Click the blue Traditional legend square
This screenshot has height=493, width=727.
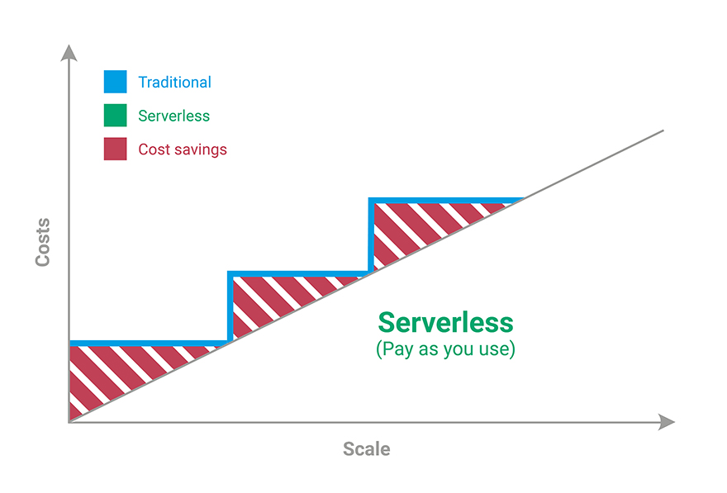click(x=115, y=82)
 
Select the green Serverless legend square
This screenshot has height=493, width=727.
click(x=115, y=116)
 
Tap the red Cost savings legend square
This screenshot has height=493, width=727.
click(x=115, y=149)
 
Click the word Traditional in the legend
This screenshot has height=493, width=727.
click(x=175, y=82)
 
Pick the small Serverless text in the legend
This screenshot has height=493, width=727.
click(x=173, y=116)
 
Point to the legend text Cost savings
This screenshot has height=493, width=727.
click(x=183, y=149)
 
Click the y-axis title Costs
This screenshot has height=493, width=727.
click(x=43, y=242)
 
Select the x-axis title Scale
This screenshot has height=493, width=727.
click(x=366, y=449)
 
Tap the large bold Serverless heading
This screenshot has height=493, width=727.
click(x=445, y=323)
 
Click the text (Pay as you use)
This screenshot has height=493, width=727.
click(x=445, y=349)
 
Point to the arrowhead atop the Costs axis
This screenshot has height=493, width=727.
click(x=69, y=52)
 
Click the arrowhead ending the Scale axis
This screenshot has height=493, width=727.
click(x=667, y=422)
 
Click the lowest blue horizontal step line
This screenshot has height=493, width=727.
click(x=149, y=344)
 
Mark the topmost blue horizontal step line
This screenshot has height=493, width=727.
click(x=446, y=201)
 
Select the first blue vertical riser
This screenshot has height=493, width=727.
click(x=230, y=306)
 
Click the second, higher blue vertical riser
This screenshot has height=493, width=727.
click(x=371, y=235)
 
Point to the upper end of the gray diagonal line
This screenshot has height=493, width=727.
click(x=663, y=130)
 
